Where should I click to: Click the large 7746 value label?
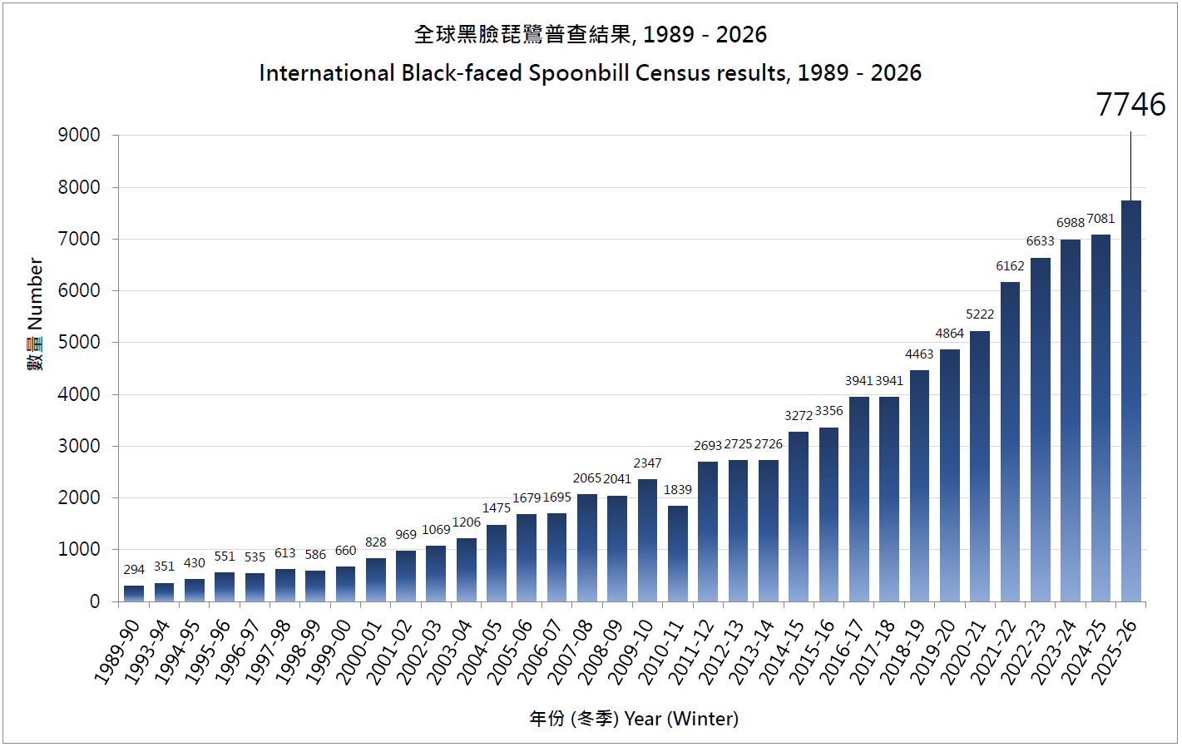click(x=1130, y=105)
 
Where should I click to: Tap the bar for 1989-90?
click(x=134, y=593)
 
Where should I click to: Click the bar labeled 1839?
click(x=678, y=553)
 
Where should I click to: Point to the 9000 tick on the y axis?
click(x=79, y=135)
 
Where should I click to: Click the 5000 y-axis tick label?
click(x=79, y=342)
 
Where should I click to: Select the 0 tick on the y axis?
click(x=95, y=601)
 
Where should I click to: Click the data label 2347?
click(x=647, y=463)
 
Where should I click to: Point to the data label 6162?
click(x=1010, y=266)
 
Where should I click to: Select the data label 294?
click(x=134, y=570)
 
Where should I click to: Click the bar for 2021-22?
click(x=1010, y=442)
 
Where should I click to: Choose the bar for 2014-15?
click(x=799, y=517)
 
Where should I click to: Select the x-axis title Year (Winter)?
click(x=681, y=719)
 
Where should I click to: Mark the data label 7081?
click(x=1100, y=219)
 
